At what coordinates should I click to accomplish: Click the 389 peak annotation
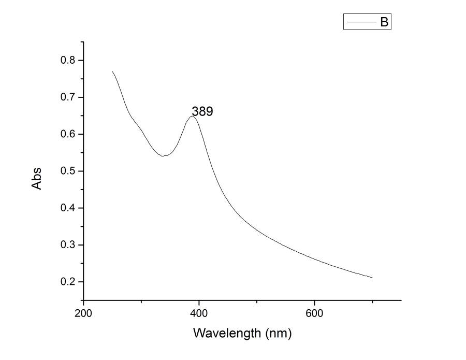[202, 111]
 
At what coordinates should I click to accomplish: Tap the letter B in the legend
[384, 22]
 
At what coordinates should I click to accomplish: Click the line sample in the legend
[361, 22]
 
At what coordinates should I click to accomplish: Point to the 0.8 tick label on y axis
[68, 60]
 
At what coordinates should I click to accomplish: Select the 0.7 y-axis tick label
[68, 97]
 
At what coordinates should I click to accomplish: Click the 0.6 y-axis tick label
[68, 134]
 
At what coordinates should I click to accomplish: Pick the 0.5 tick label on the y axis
[68, 171]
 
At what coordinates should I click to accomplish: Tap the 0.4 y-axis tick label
[68, 208]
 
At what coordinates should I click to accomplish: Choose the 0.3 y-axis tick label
[68, 244]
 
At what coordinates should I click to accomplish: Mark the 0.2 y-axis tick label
[68, 282]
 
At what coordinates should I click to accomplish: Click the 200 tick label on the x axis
[83, 313]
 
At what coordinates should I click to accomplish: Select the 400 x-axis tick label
[199, 313]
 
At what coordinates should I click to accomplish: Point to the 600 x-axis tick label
[314, 313]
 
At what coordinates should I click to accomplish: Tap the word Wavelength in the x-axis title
[227, 333]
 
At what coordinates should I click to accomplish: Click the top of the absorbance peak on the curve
[193, 116]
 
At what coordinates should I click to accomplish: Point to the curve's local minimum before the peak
[164, 155]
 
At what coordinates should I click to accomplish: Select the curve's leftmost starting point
[112, 71]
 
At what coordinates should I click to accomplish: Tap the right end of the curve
[372, 278]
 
